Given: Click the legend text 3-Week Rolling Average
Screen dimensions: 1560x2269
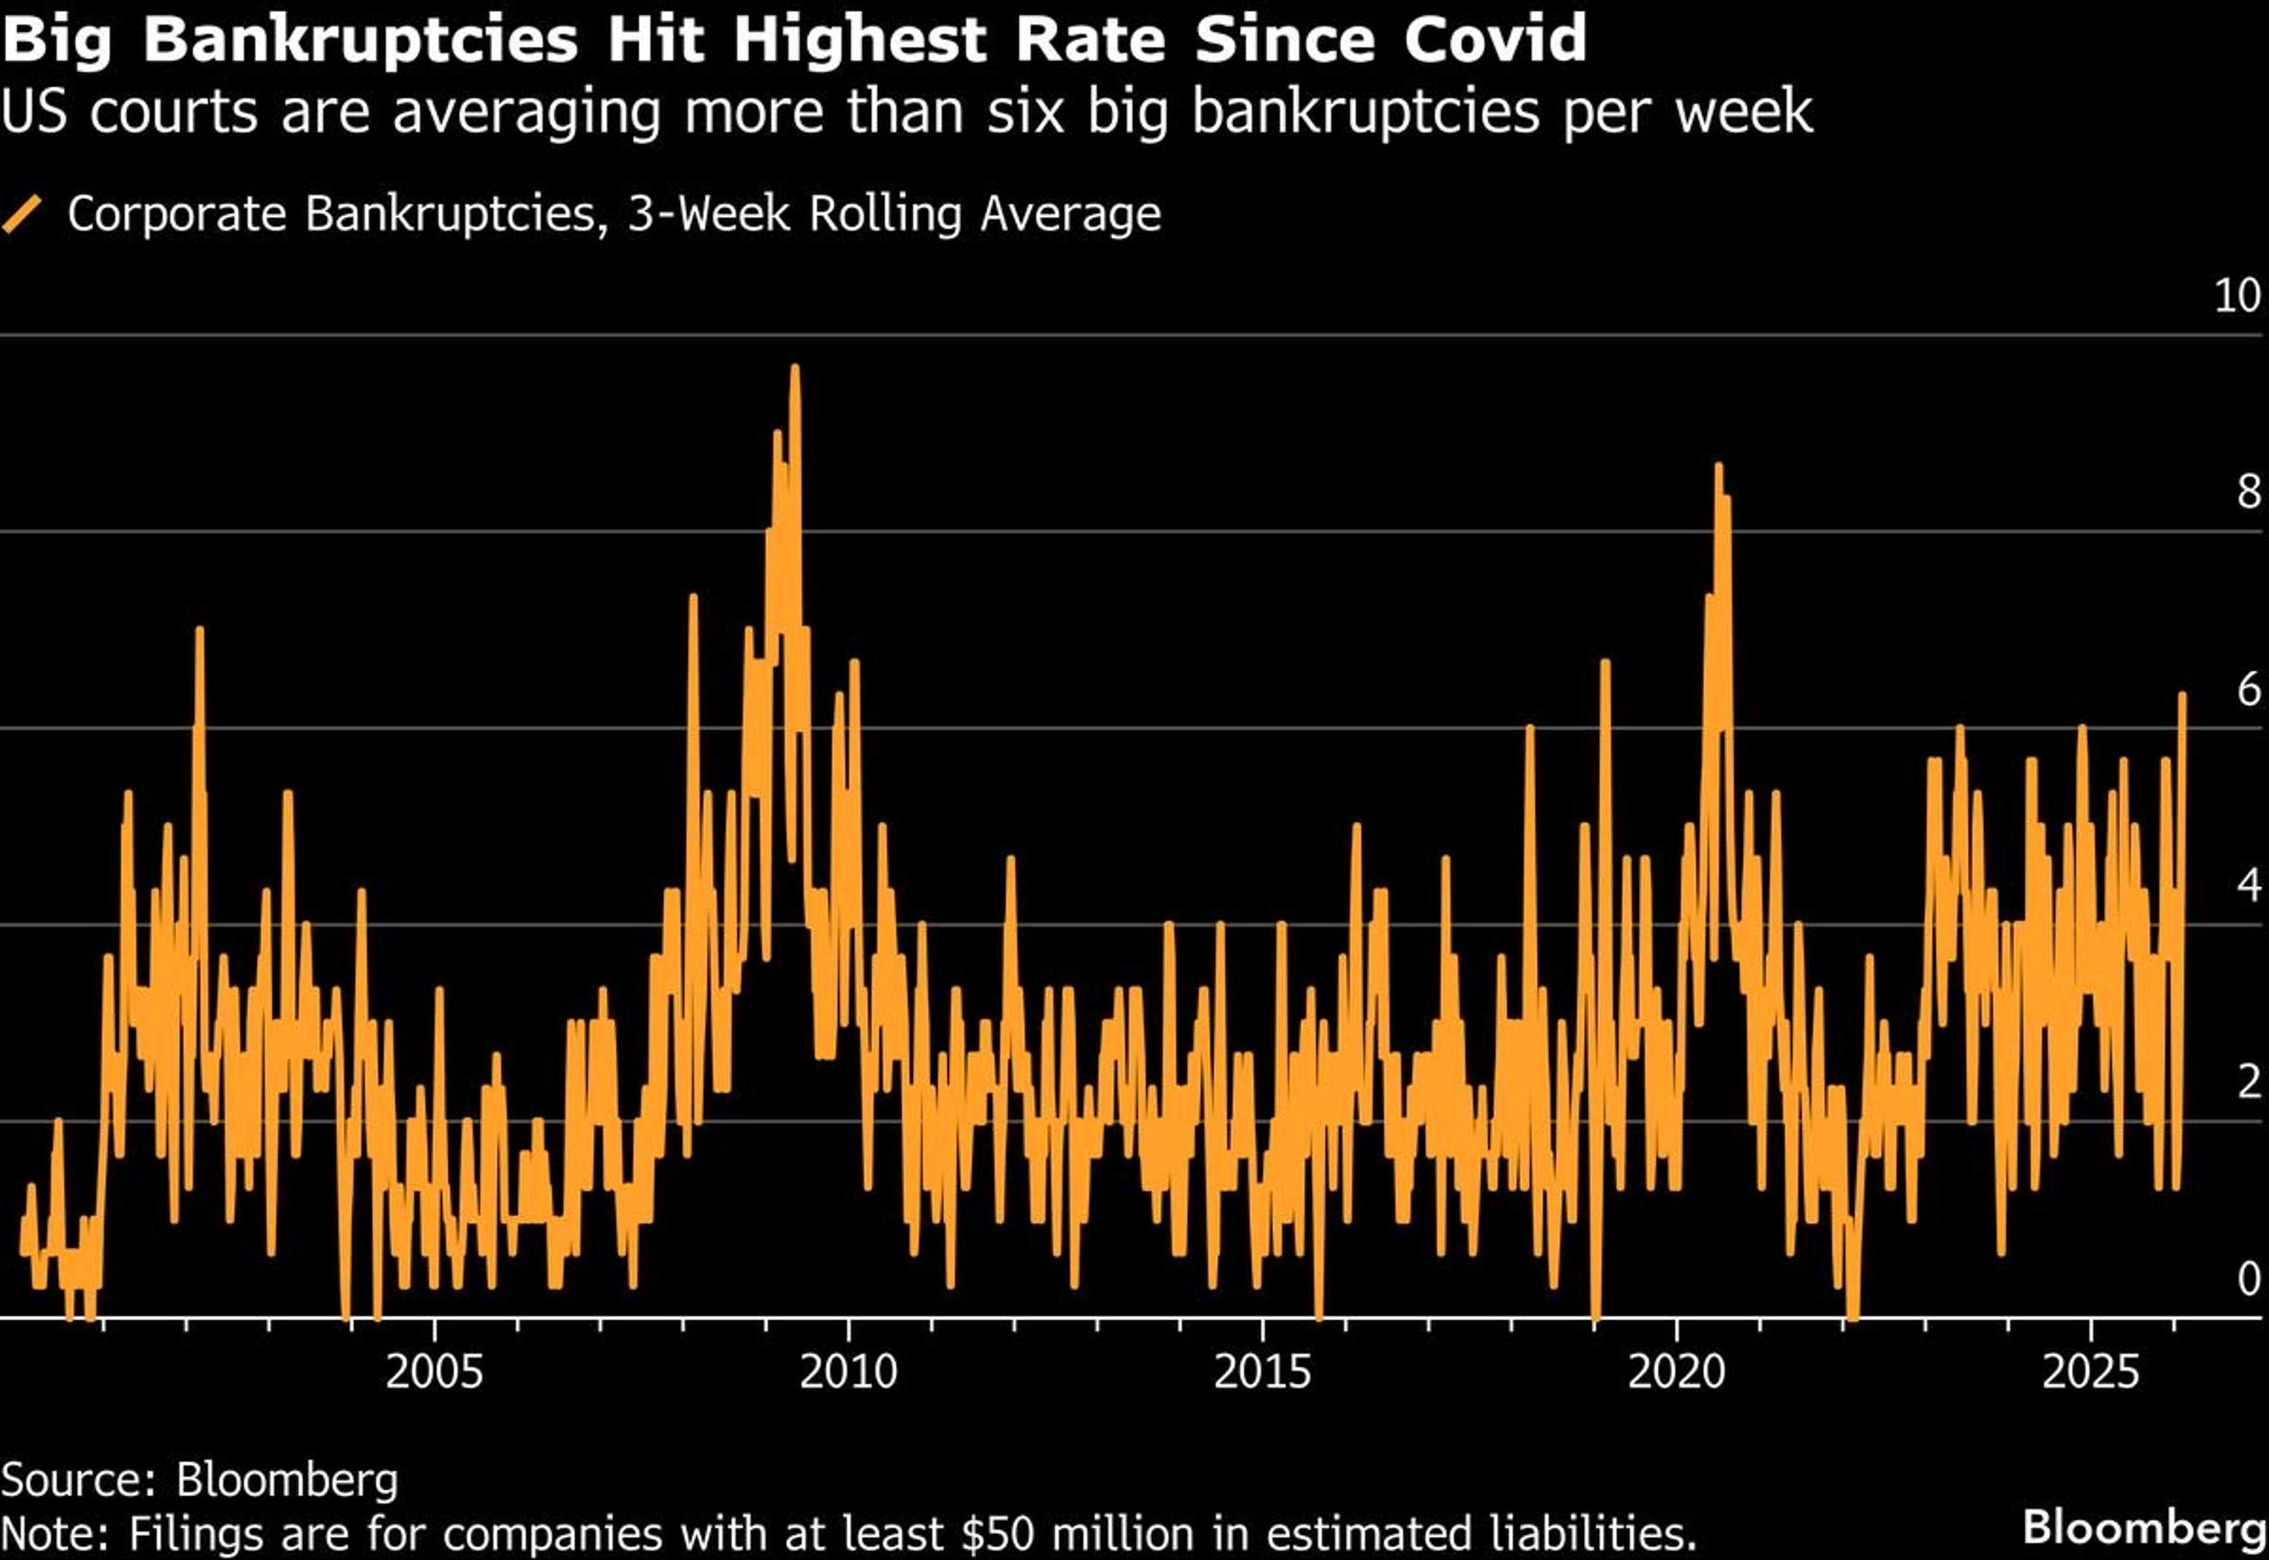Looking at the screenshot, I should (893, 214).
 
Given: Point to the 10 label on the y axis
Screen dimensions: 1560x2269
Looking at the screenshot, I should (2237, 296).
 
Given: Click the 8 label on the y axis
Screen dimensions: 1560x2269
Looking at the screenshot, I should (2248, 492).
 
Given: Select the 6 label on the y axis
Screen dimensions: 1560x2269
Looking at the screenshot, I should (2248, 690).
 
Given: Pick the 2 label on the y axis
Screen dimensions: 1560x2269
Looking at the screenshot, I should (2248, 1082).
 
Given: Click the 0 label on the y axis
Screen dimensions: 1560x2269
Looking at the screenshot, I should (2248, 1279).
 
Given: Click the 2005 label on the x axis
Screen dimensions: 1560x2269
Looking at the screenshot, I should (434, 1372).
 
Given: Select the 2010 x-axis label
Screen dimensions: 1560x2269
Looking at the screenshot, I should (848, 1372).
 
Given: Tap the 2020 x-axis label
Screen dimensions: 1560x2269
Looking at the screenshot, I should (1676, 1372).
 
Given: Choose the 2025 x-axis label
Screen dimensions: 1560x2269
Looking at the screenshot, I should (2090, 1372).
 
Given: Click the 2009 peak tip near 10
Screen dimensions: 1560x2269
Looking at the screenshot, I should (794, 369).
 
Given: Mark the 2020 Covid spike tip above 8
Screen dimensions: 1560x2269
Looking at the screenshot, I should (1718, 467).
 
